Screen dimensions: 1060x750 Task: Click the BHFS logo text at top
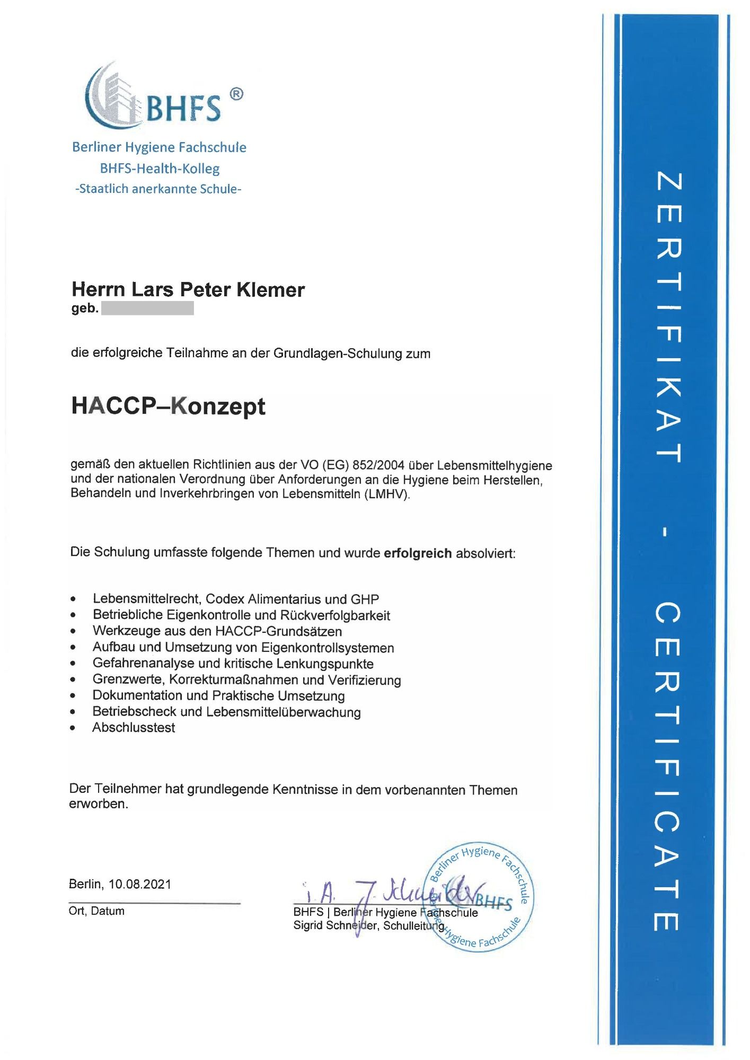(x=182, y=108)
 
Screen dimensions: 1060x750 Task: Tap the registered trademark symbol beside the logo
(x=236, y=94)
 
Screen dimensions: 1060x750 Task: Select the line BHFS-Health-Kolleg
(x=160, y=169)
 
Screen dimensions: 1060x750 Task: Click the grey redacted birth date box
(x=147, y=308)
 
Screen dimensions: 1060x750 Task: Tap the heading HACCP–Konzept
(x=168, y=406)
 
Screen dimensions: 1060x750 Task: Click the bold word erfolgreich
(x=418, y=553)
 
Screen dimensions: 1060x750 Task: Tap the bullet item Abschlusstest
(x=134, y=727)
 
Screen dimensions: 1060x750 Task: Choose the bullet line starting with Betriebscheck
(x=226, y=712)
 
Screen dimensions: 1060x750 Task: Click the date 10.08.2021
(x=140, y=884)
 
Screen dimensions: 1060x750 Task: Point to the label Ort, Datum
(x=96, y=911)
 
